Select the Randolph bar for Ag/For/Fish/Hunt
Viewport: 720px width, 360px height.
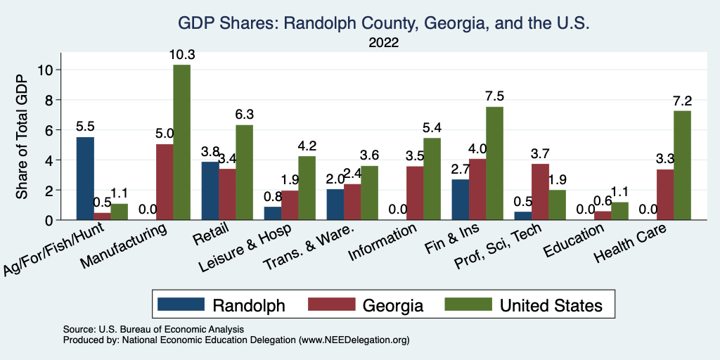pyautogui.click(x=85, y=179)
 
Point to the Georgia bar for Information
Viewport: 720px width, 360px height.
pyautogui.click(x=416, y=193)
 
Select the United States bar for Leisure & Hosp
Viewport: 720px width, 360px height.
pyautogui.click(x=307, y=188)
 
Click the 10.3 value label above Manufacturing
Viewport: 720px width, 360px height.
pyautogui.click(x=181, y=54)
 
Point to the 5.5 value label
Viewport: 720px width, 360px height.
pyautogui.click(x=85, y=127)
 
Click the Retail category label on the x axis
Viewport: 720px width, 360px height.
pyautogui.click(x=209, y=238)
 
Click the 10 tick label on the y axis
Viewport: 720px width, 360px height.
pyautogui.click(x=46, y=70)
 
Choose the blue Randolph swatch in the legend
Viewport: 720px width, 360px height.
pyautogui.click(x=180, y=305)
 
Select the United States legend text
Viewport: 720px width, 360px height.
pyautogui.click(x=551, y=305)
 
